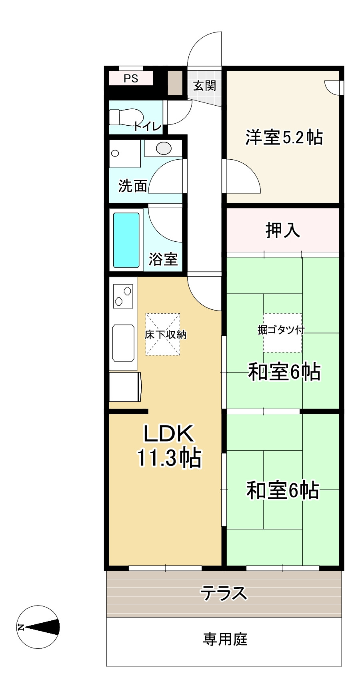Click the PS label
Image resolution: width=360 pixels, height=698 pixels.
[131, 78]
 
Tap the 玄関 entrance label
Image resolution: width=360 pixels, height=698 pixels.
[204, 85]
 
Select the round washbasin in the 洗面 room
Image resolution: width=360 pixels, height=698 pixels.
[164, 148]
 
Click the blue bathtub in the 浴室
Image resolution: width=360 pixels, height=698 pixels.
[126, 240]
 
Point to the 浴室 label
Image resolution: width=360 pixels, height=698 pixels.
[163, 259]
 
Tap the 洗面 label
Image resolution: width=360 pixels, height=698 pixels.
[133, 186]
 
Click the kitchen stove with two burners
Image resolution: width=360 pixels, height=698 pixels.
[123, 296]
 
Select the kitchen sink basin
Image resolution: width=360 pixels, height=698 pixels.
[123, 343]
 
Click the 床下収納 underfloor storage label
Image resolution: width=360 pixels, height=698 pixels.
[166, 335]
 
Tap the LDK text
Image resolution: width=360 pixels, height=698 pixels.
[168, 433]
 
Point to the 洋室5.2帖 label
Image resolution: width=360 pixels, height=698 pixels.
[284, 137]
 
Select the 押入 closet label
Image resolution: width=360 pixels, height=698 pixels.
[282, 230]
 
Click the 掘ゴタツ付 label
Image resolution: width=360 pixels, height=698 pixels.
[281, 330]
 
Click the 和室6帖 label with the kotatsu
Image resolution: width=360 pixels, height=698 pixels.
[284, 372]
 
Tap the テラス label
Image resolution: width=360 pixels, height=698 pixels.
[224, 593]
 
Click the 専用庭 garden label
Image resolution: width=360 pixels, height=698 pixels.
[225, 639]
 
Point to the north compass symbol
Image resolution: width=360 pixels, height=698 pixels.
[39, 627]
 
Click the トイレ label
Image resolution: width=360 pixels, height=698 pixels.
[148, 126]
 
